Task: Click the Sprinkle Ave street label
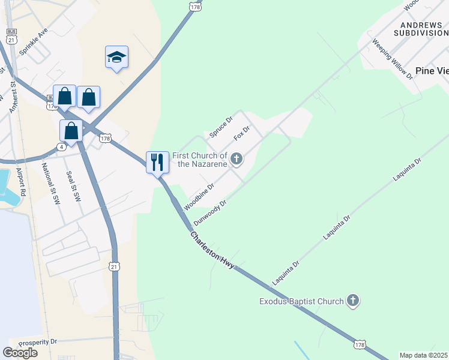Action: (34, 41)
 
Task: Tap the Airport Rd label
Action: (22, 181)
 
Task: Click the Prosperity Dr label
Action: (37, 342)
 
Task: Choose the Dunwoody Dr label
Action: (210, 213)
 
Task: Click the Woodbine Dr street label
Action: (199, 197)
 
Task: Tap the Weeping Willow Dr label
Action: (393, 59)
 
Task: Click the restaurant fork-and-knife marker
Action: (157, 162)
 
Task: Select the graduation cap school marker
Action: (116, 57)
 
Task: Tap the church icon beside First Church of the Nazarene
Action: (237, 159)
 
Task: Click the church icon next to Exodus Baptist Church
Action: (353, 301)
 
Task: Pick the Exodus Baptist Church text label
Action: (301, 301)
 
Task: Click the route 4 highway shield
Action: (62, 146)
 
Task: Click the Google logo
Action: (20, 353)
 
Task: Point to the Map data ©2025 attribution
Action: (424, 355)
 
